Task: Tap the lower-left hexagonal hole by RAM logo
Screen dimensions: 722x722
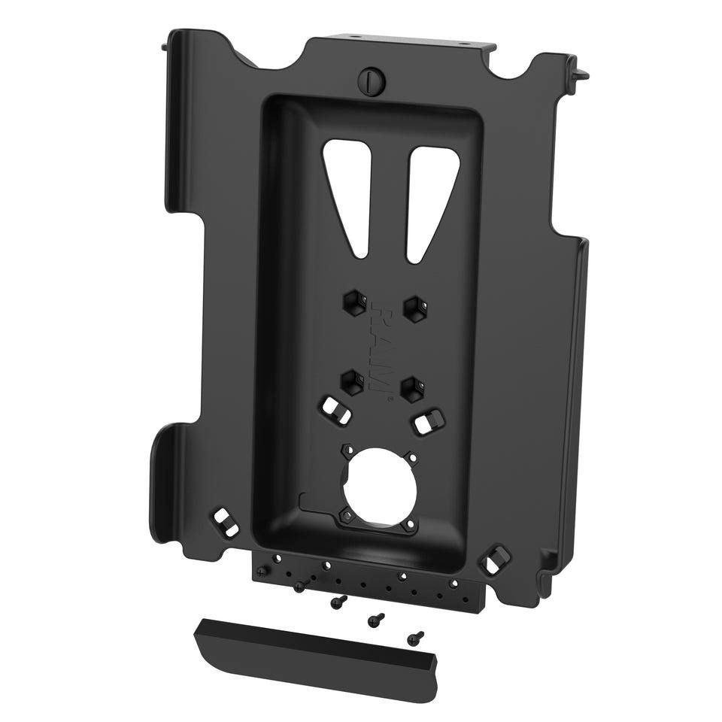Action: pos(350,381)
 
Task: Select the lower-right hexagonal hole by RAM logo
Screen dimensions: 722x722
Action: pos(411,387)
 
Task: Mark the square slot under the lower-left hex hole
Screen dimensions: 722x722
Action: pos(334,411)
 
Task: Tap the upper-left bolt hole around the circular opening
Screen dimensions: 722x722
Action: pos(345,447)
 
